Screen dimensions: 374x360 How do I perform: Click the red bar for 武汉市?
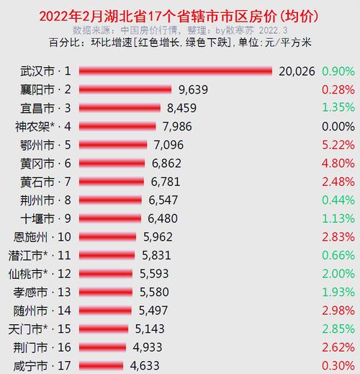click(x=175, y=71)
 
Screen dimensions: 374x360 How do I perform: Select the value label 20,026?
click(x=296, y=71)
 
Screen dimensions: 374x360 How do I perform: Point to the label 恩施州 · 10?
click(x=44, y=237)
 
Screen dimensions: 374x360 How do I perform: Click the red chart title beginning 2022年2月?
click(x=179, y=16)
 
